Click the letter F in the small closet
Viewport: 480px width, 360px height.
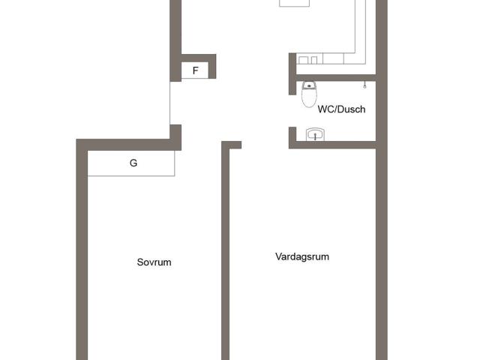195,70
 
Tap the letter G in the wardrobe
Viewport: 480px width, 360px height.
133,163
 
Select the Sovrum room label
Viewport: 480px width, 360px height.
154,262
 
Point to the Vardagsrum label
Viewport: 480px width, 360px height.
302,256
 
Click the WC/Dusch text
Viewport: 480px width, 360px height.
341,109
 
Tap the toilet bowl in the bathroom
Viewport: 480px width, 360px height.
309,98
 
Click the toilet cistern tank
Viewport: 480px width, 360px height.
309,85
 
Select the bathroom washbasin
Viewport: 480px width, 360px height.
315,134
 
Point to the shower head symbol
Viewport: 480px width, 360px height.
364,85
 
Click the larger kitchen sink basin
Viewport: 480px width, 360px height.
303,60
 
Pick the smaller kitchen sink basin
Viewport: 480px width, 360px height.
313,60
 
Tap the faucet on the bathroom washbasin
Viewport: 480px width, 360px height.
315,136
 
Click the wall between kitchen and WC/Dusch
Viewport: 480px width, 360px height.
336,78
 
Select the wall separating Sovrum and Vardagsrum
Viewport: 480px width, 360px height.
225,250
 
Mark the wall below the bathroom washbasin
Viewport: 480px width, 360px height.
332,145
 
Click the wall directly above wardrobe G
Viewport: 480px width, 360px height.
128,145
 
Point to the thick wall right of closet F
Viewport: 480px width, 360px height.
212,67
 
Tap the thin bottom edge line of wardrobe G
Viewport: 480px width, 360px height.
131,175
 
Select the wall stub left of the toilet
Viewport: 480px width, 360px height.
292,73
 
